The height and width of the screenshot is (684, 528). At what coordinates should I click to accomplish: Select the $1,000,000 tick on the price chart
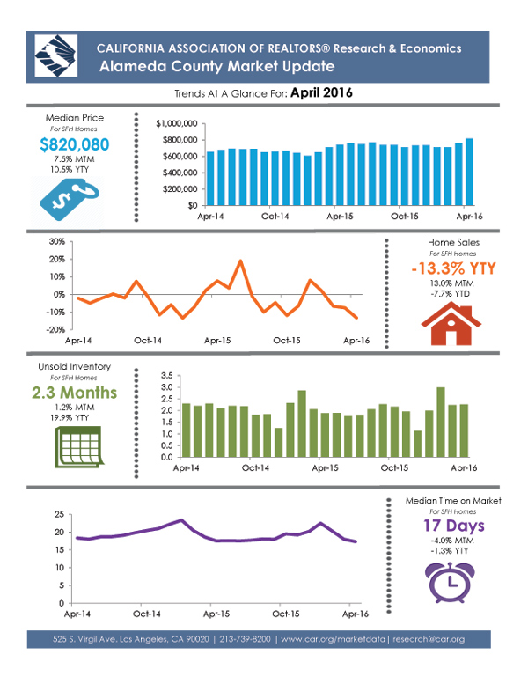pyautogui.click(x=176, y=123)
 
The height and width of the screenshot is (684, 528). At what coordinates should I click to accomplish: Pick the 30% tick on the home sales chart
pyautogui.click(x=55, y=241)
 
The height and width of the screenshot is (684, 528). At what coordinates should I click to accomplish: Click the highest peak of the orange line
pyautogui.click(x=239, y=261)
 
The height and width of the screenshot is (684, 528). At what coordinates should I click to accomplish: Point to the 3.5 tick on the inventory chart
pyautogui.click(x=165, y=376)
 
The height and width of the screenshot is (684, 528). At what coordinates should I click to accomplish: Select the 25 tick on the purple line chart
pyautogui.click(x=59, y=514)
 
